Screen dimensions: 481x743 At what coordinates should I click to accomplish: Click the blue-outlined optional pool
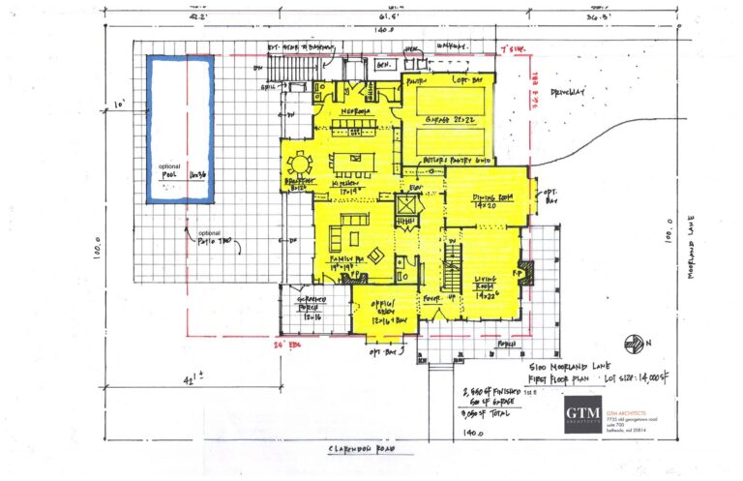click(x=179, y=129)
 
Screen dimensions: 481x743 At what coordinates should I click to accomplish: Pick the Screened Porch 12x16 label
click(x=307, y=311)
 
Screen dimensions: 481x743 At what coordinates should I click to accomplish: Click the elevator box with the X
click(x=408, y=206)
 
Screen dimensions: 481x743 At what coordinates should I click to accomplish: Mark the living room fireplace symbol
click(x=525, y=267)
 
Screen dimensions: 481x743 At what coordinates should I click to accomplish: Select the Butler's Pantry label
click(x=458, y=159)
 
